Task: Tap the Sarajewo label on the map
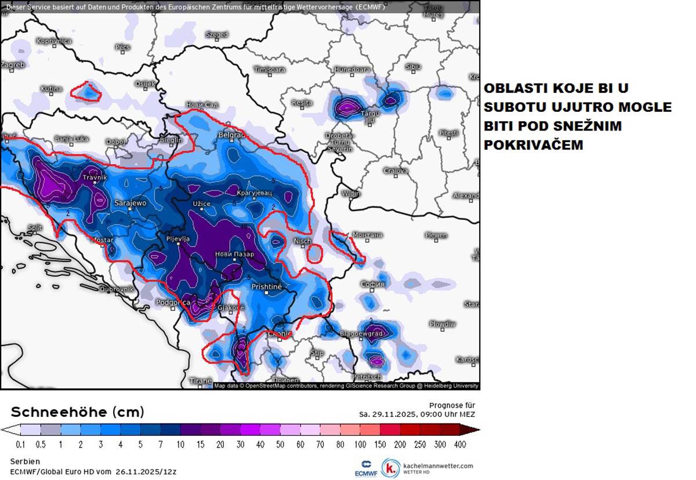(130, 203)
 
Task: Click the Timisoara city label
(270, 70)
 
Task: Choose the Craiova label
(396, 171)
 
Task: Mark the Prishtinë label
(266, 286)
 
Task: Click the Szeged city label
(217, 35)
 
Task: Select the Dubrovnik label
(117, 289)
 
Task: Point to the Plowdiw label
(443, 323)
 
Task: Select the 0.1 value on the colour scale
(20, 445)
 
